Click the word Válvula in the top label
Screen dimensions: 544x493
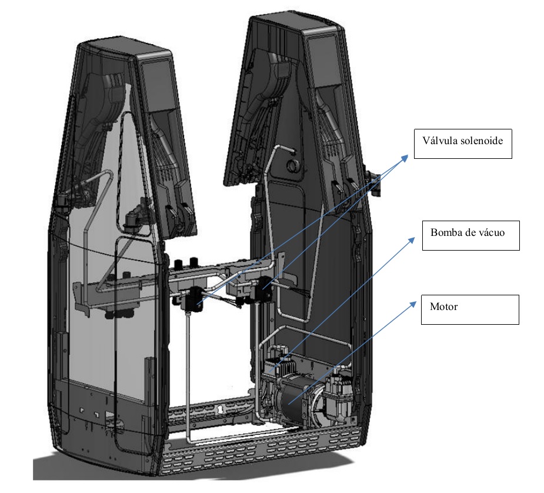point(438,141)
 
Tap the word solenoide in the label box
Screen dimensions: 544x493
point(480,141)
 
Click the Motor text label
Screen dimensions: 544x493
point(444,307)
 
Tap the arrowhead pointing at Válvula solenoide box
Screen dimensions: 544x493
point(405,158)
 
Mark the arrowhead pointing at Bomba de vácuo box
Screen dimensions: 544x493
point(412,240)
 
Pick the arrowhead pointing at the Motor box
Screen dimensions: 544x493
point(412,304)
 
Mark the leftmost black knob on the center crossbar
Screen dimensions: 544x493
point(179,265)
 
